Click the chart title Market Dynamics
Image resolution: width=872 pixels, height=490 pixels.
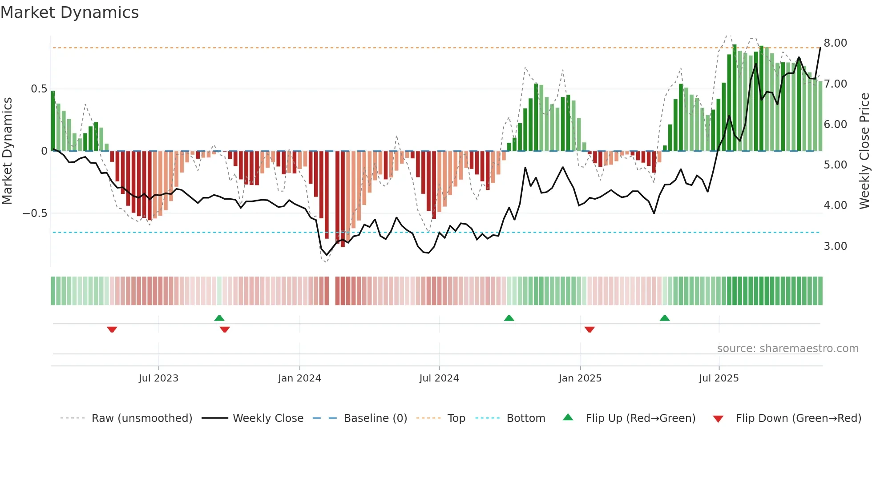(69, 12)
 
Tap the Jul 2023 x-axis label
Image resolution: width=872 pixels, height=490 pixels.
(158, 378)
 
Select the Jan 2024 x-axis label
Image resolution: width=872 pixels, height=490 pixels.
(299, 378)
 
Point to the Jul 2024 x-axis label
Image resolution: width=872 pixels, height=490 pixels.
(439, 378)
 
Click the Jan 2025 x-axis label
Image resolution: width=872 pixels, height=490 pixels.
(580, 378)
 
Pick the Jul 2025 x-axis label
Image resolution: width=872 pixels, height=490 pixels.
(719, 378)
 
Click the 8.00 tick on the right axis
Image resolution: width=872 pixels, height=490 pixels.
(835, 43)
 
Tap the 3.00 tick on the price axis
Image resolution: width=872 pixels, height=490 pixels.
(835, 246)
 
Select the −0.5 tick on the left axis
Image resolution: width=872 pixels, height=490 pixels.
(35, 213)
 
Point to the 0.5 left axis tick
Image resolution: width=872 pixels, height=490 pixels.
(39, 89)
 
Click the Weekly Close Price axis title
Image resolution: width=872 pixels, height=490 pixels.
(864, 151)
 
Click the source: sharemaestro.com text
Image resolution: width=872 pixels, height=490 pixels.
(787, 349)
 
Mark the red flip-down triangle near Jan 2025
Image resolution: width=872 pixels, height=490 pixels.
(589, 329)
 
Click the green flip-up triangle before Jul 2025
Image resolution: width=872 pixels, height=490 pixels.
(665, 318)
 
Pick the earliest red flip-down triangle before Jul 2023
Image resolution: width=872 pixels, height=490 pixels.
(112, 329)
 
